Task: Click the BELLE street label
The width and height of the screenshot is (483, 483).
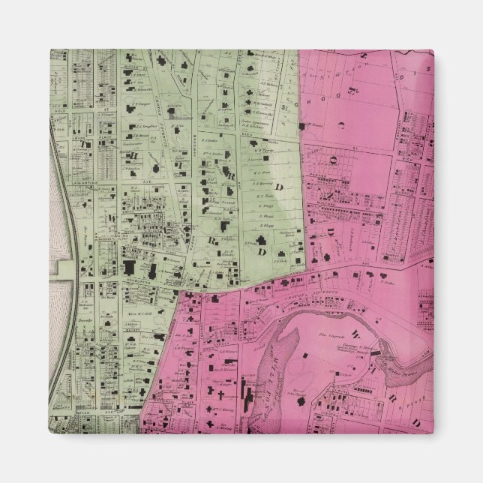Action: [x=83, y=412]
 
